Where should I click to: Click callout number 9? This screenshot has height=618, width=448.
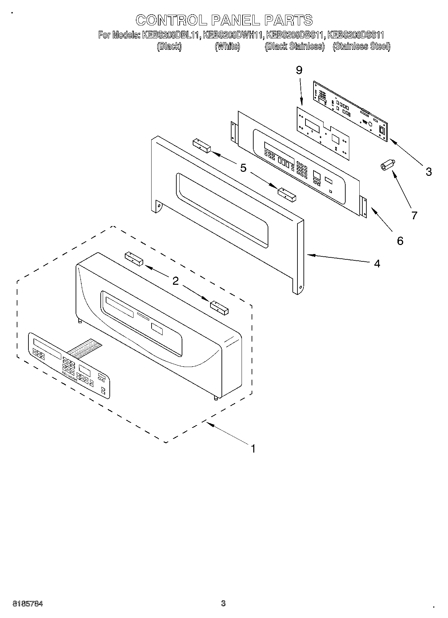pyautogui.click(x=299, y=71)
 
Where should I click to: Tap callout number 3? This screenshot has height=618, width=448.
pyautogui.click(x=429, y=172)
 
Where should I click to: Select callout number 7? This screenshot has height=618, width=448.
pyautogui.click(x=414, y=216)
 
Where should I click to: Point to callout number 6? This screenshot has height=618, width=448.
pyautogui.click(x=400, y=241)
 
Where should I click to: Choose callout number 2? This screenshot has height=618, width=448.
pyautogui.click(x=175, y=281)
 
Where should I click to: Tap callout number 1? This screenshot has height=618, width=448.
pyautogui.click(x=253, y=449)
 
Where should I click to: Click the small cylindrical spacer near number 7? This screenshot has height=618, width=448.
pyautogui.click(x=387, y=165)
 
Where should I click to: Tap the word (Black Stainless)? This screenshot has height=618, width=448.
pyautogui.click(x=294, y=46)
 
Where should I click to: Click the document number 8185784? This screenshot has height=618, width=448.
pyautogui.click(x=28, y=604)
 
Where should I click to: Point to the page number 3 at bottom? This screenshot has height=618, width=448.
pyautogui.click(x=223, y=603)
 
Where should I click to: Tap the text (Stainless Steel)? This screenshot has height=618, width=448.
pyautogui.click(x=361, y=46)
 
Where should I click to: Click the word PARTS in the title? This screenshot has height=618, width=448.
pyautogui.click(x=288, y=20)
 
